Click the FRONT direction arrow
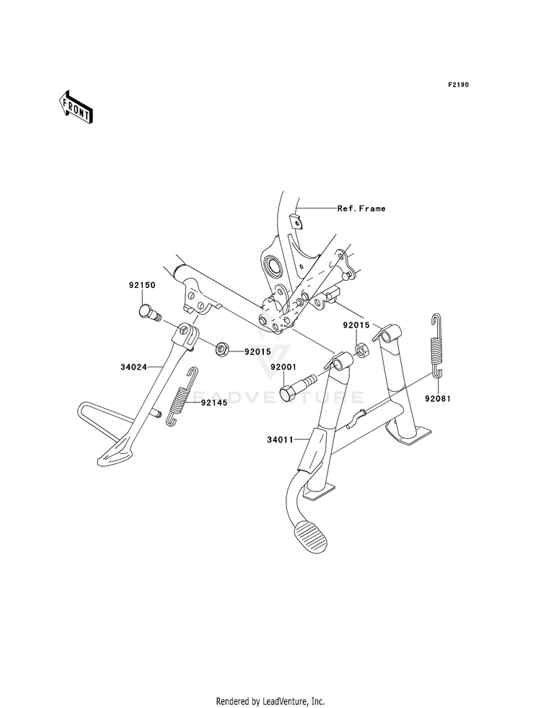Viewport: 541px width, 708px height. point(75,107)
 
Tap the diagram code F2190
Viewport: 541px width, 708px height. point(458,84)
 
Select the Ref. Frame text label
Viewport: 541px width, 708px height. point(361,208)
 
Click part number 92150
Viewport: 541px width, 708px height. point(141,285)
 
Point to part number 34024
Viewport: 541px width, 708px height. point(133,367)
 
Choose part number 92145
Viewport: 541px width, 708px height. point(214,403)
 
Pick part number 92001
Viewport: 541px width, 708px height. point(283,367)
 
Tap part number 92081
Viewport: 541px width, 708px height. point(437,398)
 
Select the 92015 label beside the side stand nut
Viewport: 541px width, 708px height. point(258,351)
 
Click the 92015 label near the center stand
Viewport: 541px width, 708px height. point(356,325)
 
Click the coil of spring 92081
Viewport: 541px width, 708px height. point(436,350)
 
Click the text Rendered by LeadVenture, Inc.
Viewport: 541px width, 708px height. point(270,702)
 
